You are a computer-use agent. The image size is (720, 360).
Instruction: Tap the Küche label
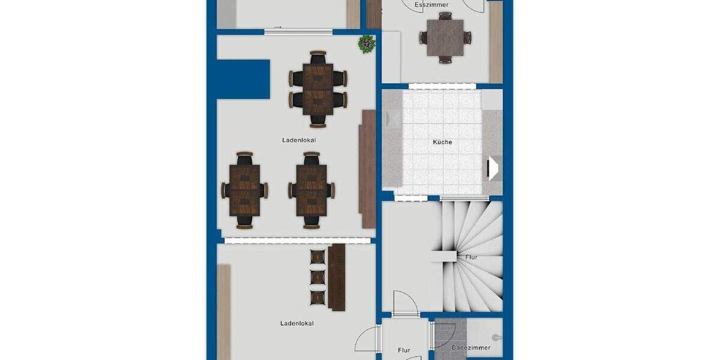click(x=442, y=142)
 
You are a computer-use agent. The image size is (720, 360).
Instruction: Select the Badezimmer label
click(x=471, y=347)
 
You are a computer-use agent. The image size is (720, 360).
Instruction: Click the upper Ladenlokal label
click(x=299, y=140)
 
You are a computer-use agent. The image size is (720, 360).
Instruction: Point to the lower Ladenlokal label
click(x=297, y=323)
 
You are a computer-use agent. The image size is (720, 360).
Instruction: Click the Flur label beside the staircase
click(x=471, y=257)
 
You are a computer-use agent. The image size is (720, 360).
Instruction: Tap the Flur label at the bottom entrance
click(x=404, y=350)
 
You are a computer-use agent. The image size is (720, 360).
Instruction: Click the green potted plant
click(x=366, y=44)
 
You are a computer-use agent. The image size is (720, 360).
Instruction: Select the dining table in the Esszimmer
click(x=445, y=38)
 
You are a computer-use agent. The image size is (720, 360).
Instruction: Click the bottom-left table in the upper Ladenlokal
click(x=245, y=190)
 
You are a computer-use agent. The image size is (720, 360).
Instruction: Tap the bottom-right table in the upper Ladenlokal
click(x=311, y=190)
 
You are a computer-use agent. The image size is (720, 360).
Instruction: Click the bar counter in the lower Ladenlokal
click(x=337, y=277)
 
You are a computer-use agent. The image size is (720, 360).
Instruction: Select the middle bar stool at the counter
click(x=317, y=277)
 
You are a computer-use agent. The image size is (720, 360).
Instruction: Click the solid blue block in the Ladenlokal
click(x=242, y=79)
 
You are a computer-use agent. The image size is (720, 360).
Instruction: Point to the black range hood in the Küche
click(x=493, y=169)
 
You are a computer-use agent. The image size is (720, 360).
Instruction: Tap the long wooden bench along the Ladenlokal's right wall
click(x=367, y=169)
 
